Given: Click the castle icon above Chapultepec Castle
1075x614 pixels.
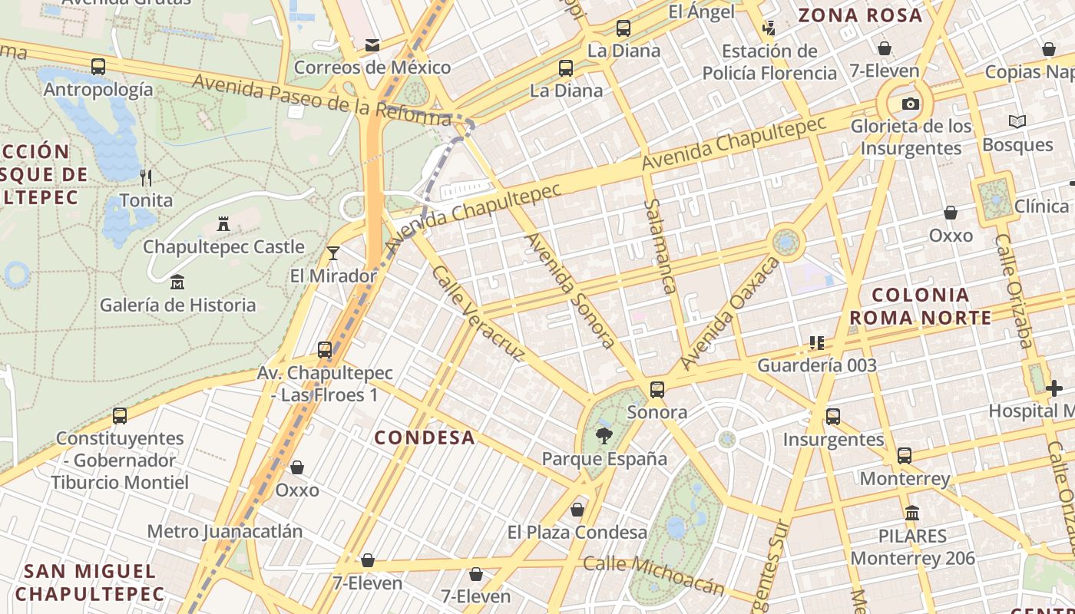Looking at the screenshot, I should point(223,224).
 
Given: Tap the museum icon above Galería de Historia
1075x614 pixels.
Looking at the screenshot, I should point(177,282).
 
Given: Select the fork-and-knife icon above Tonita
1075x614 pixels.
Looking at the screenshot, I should point(146,178).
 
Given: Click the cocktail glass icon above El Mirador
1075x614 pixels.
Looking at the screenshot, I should point(333,253).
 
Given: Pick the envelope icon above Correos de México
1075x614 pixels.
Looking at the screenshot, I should point(372,45).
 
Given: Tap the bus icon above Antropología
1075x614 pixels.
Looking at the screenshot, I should point(98,67).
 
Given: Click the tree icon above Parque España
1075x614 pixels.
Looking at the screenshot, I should point(604,437).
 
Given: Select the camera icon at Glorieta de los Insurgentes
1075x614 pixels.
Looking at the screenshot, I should point(910,104).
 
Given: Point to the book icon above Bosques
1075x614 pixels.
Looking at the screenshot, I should point(1017,122).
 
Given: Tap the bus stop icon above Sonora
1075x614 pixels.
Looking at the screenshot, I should point(657,389).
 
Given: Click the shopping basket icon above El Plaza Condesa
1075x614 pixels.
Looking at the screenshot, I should point(577,510).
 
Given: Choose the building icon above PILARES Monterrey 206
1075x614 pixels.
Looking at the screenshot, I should point(912,513).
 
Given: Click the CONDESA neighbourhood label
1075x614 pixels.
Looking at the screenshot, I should point(425,437).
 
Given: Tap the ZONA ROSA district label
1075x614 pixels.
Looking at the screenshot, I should point(860,15).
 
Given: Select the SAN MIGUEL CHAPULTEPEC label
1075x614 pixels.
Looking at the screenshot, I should point(90,583).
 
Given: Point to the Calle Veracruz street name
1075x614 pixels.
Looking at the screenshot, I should point(478,313).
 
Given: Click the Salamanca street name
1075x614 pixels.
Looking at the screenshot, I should point(660,246).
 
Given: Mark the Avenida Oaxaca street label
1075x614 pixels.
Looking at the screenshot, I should point(729,313).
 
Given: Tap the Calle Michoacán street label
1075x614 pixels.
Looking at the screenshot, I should point(653,574).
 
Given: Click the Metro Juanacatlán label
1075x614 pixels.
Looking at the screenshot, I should point(224,531).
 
